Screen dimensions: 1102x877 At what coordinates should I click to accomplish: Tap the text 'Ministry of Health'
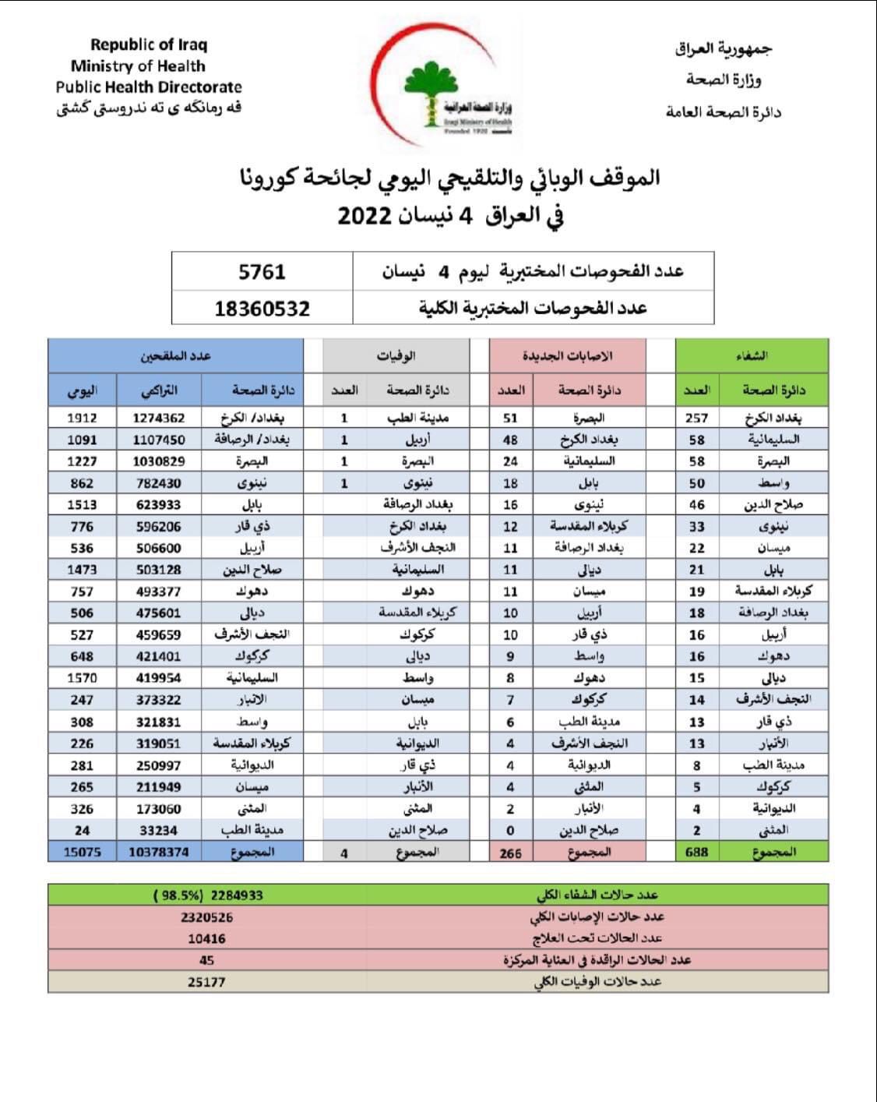(x=138, y=66)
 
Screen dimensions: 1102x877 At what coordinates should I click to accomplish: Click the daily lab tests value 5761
(x=262, y=272)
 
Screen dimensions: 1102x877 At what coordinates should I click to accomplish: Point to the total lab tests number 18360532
(x=262, y=309)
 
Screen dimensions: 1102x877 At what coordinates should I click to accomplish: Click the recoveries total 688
(x=696, y=852)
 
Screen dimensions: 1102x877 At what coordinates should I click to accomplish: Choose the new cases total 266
(x=510, y=853)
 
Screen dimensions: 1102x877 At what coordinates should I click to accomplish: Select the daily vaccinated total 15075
(x=82, y=852)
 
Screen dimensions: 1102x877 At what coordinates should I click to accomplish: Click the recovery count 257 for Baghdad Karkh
(x=696, y=418)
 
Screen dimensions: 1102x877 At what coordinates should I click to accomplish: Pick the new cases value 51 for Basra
(x=510, y=418)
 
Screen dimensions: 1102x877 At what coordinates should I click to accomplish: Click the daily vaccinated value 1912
(x=82, y=418)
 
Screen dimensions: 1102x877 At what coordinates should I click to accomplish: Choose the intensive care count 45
(x=206, y=960)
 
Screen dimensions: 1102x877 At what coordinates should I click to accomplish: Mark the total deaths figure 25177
(x=206, y=982)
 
